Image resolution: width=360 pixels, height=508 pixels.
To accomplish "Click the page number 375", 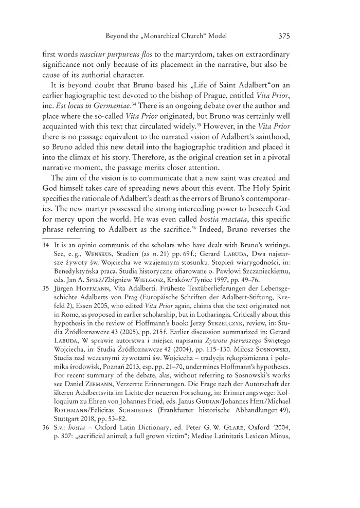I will coord(286,36).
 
